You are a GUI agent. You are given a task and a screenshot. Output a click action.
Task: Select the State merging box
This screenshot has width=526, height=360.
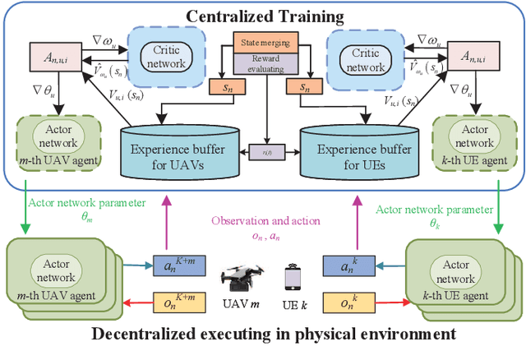pos(263,39)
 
